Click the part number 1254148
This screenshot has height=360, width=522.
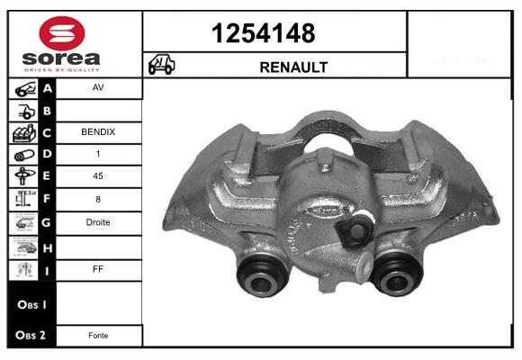(x=264, y=33)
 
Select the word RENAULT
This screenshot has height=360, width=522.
(x=293, y=67)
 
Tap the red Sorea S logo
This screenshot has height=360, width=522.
(x=62, y=33)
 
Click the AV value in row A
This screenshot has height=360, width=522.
(x=98, y=87)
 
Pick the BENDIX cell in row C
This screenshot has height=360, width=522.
(x=98, y=132)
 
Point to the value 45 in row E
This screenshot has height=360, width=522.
(x=98, y=175)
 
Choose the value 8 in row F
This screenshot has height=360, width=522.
(x=98, y=199)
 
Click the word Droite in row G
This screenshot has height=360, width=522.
(x=98, y=222)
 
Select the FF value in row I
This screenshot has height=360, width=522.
(x=98, y=269)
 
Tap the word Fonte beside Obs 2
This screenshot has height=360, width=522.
(x=98, y=336)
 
